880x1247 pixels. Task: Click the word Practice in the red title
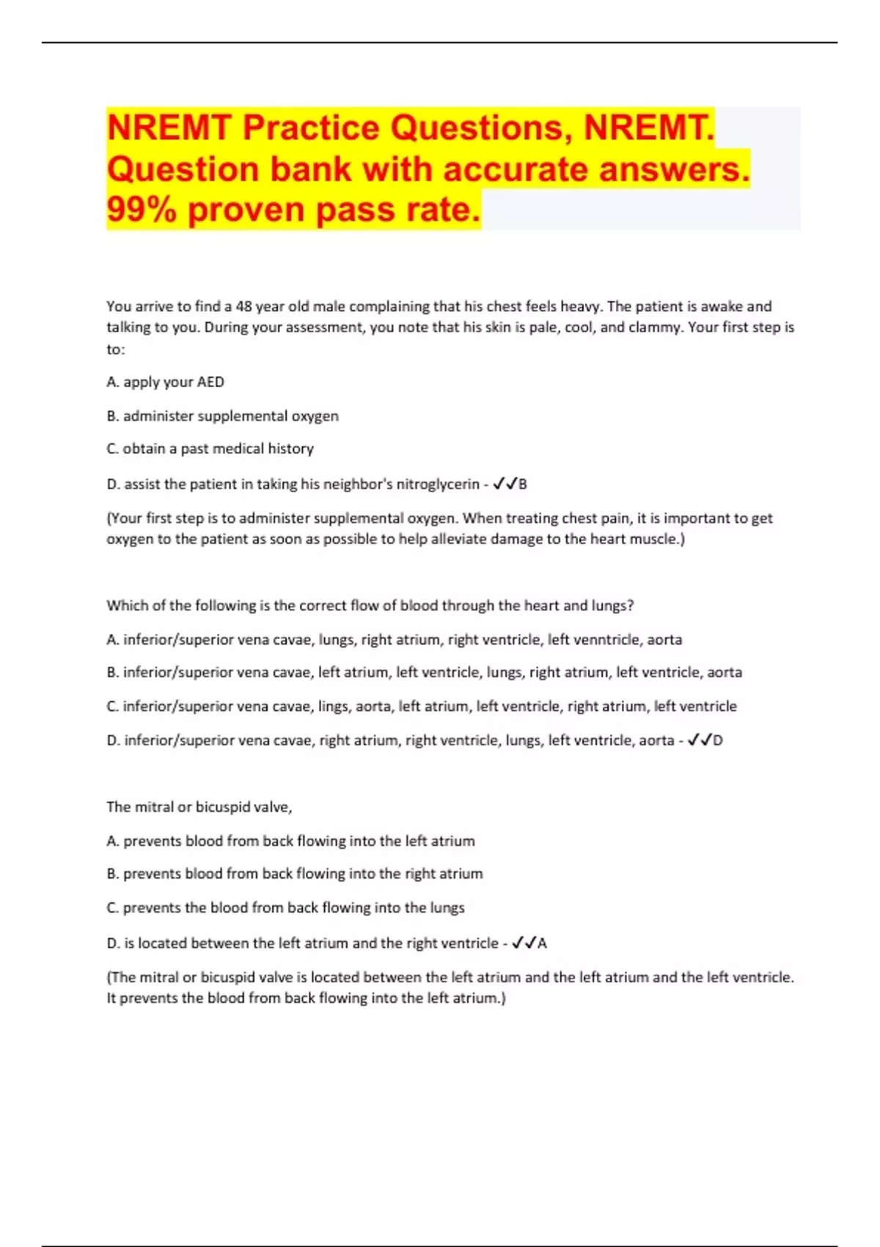[x=311, y=128]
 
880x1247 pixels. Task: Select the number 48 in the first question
[x=243, y=307]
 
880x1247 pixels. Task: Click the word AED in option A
[x=210, y=382]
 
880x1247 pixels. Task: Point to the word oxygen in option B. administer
[x=315, y=416]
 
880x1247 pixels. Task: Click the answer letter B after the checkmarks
[x=523, y=484]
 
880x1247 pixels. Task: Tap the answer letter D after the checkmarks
[x=718, y=741]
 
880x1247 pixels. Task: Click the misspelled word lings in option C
[x=334, y=706]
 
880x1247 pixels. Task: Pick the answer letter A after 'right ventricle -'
[x=542, y=943]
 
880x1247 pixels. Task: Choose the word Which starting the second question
[x=126, y=606]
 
